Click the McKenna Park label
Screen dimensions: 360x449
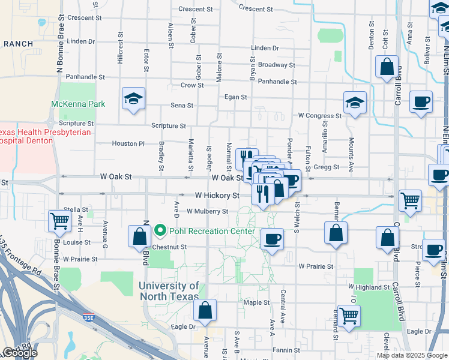[x=78, y=104]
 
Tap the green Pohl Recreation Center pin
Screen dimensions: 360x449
[x=160, y=230]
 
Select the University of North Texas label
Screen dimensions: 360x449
[x=169, y=291]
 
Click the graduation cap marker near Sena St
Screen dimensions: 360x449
[x=133, y=99]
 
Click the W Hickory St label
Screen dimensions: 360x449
[x=217, y=196]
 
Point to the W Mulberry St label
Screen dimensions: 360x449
[x=207, y=211]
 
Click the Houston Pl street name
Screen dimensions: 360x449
[x=128, y=144]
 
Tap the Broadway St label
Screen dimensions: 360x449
[x=276, y=65]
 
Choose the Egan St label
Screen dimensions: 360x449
[x=235, y=97]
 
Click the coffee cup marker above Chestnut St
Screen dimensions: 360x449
[x=272, y=239]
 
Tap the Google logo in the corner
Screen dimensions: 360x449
[x=19, y=353]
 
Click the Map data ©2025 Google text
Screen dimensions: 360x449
[x=412, y=355]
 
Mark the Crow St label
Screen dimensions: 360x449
[x=192, y=85]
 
